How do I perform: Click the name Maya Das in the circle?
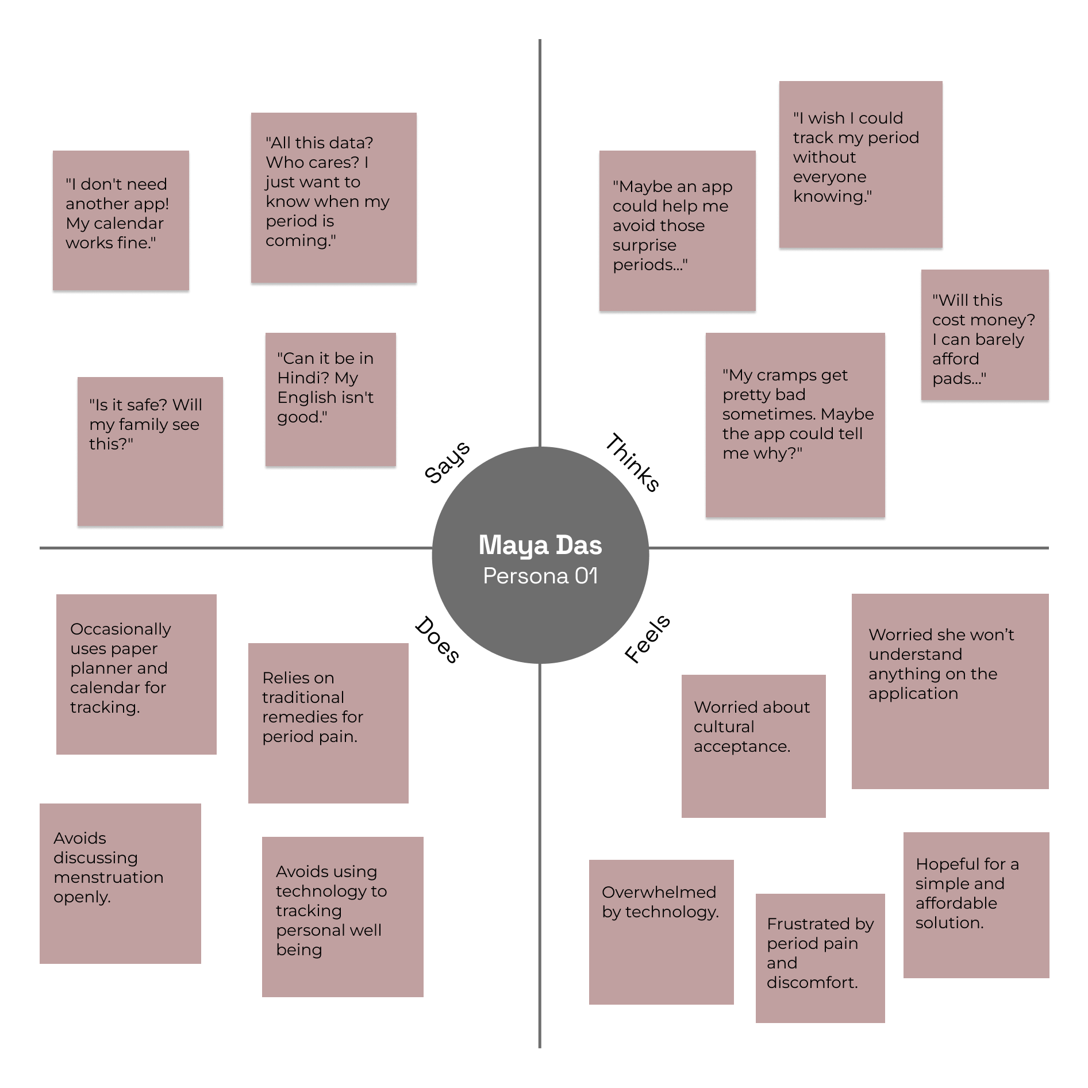[540, 545]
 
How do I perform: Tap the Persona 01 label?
[540, 576]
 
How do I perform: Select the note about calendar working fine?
[121, 220]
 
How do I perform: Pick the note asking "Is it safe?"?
[150, 451]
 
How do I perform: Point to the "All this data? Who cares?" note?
[333, 197]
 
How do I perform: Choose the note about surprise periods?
[677, 230]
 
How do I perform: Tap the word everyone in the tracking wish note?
[829, 177]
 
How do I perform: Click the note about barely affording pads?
[985, 335]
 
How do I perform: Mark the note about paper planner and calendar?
[136, 674]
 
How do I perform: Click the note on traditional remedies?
[328, 722]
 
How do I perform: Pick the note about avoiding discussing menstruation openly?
[120, 883]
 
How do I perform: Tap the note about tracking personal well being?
[343, 916]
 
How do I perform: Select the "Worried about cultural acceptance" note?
[753, 745]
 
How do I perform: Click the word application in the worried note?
[913, 694]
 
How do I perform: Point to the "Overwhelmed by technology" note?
[661, 932]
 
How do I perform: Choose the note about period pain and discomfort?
[820, 958]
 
